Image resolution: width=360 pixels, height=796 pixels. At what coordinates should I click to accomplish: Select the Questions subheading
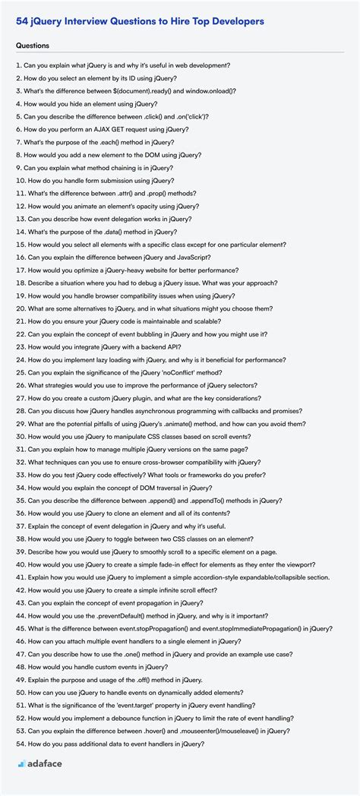(33, 46)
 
